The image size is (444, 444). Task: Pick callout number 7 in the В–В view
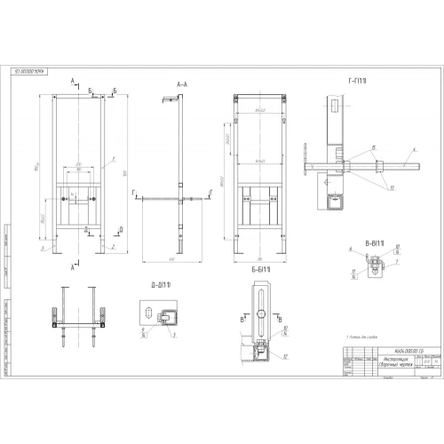click(398, 261)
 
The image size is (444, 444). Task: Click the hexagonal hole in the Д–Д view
click(167, 314)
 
